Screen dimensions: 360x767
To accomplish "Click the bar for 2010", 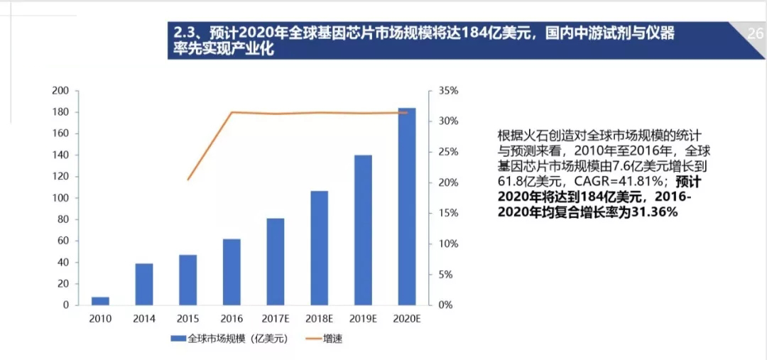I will pos(100,301).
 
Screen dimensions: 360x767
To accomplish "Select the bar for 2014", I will pos(144,284).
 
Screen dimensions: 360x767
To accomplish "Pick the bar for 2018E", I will pos(319,248).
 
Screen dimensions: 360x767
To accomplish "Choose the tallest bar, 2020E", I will pos(406,206).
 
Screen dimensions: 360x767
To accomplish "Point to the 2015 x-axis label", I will pos(187,319).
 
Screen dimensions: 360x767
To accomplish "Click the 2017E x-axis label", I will pos(276,319).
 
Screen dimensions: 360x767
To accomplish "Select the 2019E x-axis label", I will pos(363,319).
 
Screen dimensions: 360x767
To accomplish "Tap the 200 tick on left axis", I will pos(60,91).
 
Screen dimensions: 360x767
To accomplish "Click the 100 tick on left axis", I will pos(60,198).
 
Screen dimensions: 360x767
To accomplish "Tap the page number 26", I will pos(755,33).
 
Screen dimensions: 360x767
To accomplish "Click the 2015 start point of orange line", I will pos(188,180).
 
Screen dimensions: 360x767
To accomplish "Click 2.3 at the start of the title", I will pos(183,33).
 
